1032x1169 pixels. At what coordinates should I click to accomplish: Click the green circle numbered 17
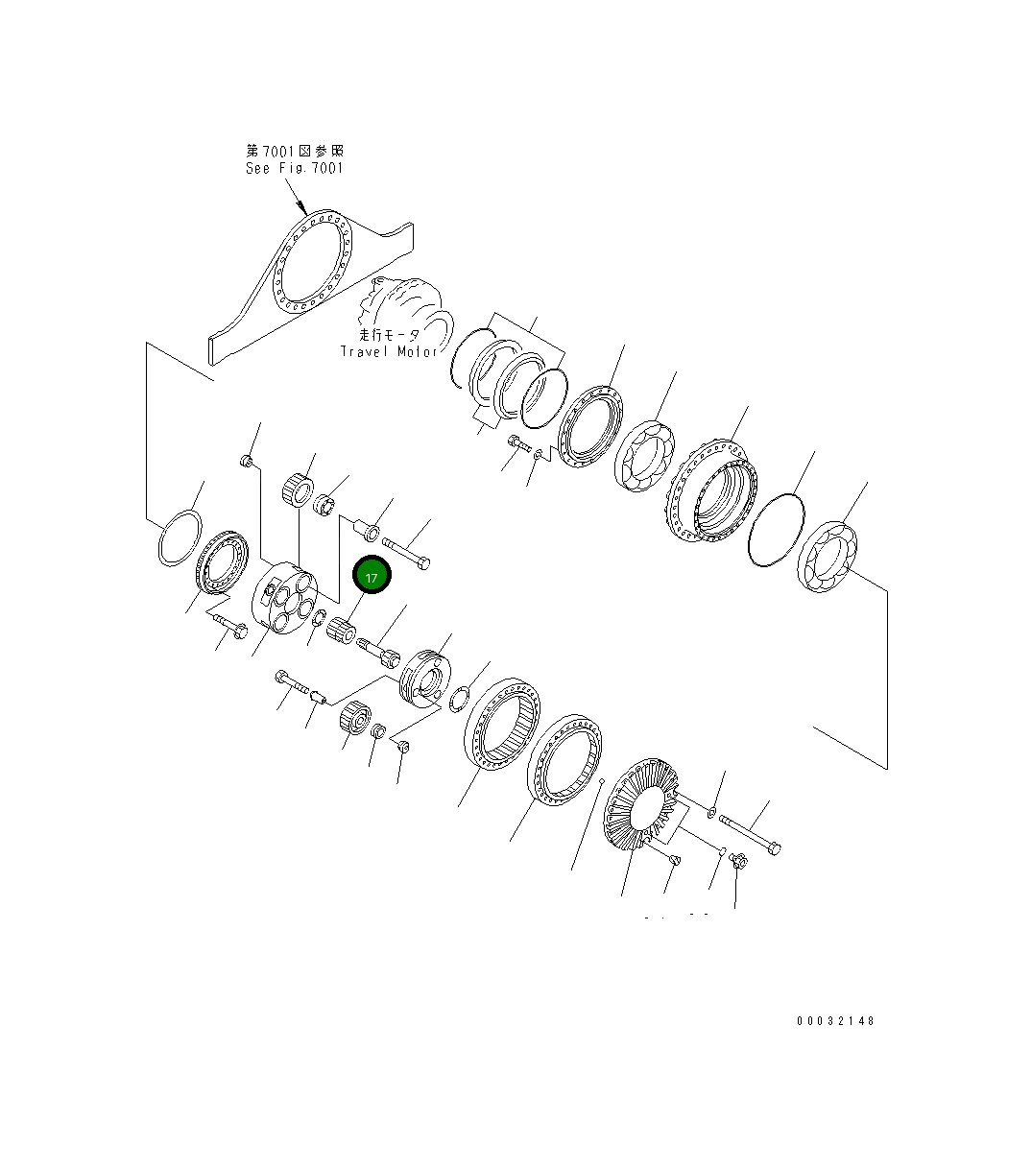click(x=372, y=574)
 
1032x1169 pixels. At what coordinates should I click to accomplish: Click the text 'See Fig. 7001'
click(x=295, y=168)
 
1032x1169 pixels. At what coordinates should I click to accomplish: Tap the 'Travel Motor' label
click(x=389, y=351)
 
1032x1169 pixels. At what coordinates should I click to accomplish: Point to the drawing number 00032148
click(x=836, y=1020)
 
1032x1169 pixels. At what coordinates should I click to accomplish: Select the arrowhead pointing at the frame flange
click(x=301, y=206)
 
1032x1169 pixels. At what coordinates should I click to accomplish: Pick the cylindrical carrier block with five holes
click(x=284, y=597)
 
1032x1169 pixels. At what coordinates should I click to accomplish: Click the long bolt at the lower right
click(x=749, y=835)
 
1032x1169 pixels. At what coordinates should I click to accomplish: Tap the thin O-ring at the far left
click(x=180, y=537)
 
